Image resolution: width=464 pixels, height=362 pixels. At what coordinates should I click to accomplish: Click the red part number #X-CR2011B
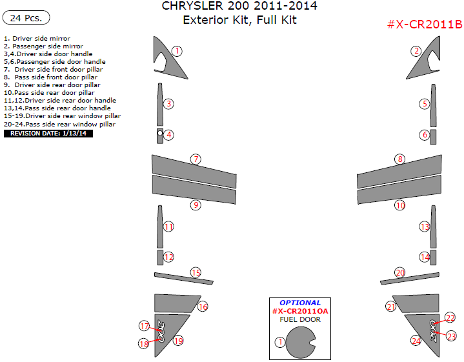click(425, 24)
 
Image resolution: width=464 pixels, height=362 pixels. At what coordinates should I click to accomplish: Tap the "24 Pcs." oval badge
click(26, 18)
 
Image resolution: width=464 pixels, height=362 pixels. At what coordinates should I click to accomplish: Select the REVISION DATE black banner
click(48, 134)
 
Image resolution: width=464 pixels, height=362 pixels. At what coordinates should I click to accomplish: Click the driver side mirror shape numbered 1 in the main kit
click(166, 61)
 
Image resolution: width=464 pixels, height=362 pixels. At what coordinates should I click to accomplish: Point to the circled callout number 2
click(416, 51)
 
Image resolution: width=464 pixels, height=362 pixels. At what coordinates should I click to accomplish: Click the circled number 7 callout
click(196, 159)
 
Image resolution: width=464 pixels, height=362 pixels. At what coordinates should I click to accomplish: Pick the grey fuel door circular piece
click(300, 343)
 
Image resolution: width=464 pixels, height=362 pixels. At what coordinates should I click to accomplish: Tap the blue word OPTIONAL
click(300, 303)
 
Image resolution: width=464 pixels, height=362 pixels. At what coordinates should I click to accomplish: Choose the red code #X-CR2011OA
click(300, 311)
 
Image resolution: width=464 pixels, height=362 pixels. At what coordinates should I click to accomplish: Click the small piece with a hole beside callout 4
click(160, 136)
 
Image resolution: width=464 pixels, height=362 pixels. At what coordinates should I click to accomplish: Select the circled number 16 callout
click(203, 307)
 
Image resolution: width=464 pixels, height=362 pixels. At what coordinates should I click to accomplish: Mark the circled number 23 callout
click(451, 336)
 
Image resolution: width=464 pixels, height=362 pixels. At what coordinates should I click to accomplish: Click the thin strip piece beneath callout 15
click(184, 279)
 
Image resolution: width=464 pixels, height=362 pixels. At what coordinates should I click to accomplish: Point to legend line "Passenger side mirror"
click(43, 46)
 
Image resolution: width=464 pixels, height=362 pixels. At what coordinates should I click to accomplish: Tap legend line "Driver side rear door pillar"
click(52, 85)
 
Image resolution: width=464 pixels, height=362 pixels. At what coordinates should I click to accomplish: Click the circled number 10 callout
click(400, 205)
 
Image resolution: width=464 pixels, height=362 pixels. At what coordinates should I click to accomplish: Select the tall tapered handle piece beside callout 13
click(433, 226)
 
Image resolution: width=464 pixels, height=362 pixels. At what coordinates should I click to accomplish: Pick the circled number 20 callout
click(400, 272)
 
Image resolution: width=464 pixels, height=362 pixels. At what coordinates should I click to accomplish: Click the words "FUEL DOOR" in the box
click(300, 319)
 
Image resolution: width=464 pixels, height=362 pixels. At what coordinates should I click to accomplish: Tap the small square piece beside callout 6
click(433, 137)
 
